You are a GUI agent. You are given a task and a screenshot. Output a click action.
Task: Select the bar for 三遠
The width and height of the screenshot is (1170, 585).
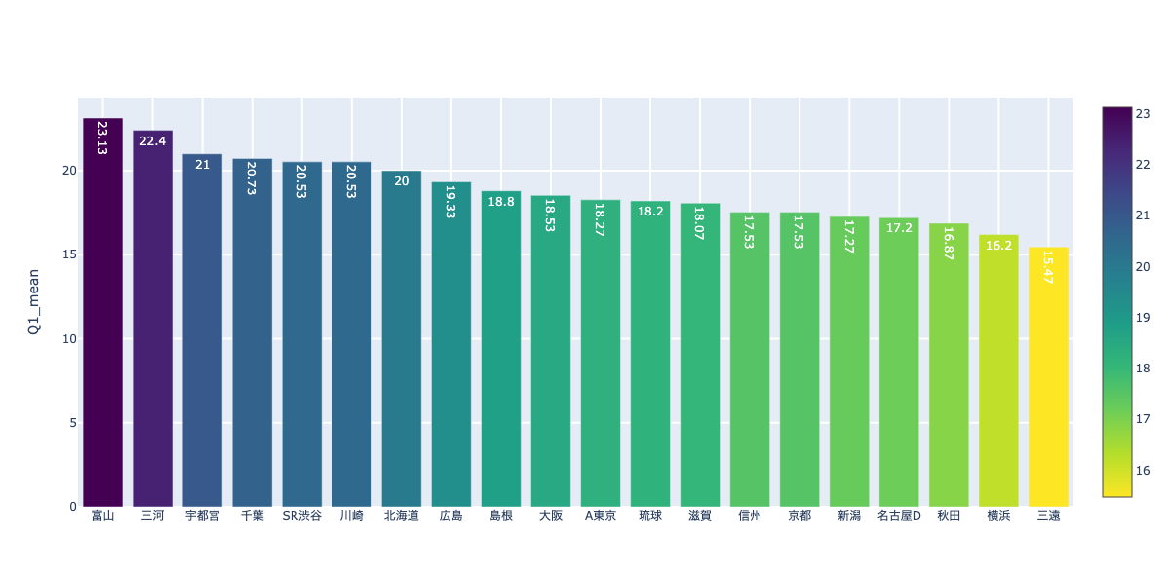pos(1048,380)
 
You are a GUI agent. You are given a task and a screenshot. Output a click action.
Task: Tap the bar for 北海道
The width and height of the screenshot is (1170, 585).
pos(401,341)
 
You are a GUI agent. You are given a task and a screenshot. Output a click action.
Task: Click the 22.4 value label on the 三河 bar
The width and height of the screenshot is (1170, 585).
pos(152,141)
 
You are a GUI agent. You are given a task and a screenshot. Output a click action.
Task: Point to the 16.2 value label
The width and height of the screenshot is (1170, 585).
pos(998,246)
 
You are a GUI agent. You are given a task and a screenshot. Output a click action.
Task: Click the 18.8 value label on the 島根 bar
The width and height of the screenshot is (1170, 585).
pos(500,202)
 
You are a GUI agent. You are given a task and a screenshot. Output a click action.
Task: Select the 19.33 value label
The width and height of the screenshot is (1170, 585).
pos(450,201)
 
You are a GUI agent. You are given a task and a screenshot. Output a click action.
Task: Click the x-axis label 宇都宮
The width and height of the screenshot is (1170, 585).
pos(202,516)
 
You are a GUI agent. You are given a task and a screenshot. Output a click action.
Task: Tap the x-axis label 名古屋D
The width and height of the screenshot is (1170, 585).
pos(899,516)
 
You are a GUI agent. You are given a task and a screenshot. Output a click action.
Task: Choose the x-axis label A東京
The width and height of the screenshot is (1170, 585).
pos(600,516)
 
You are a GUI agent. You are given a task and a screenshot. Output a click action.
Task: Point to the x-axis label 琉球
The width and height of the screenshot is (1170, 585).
pos(649,516)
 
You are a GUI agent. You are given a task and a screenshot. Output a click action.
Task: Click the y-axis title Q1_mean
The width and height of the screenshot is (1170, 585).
pos(33,302)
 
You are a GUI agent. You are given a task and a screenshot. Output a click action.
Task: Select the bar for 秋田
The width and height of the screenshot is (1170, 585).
pos(949,366)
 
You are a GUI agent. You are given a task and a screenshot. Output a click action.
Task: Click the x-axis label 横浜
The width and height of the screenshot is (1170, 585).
pos(998,516)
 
